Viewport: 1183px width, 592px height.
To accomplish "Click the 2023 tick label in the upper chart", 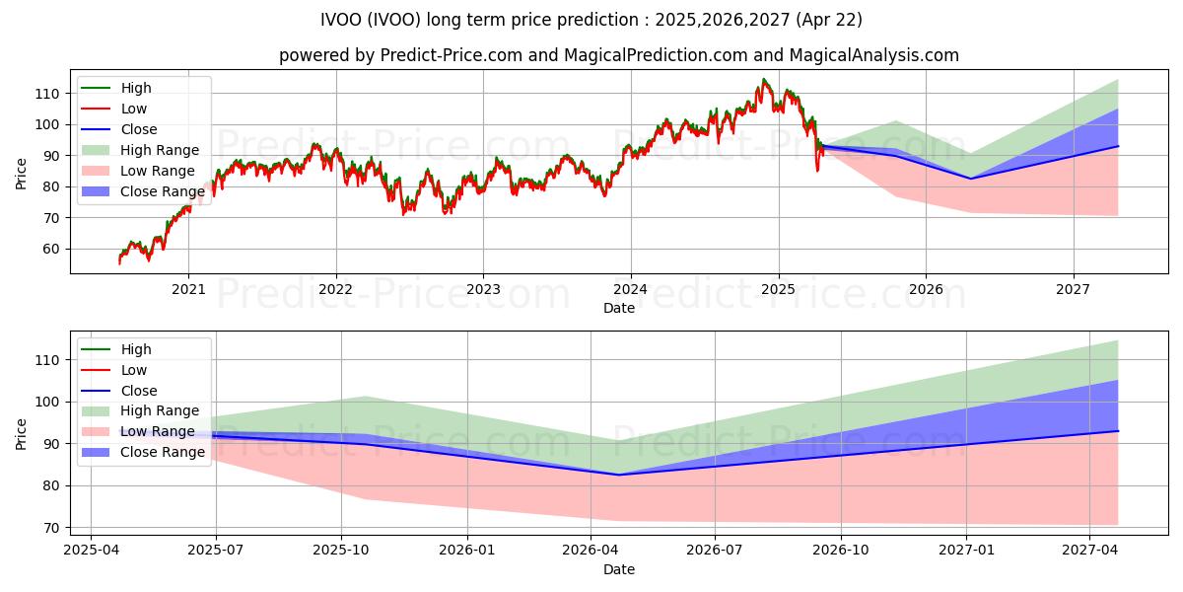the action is click(483, 290).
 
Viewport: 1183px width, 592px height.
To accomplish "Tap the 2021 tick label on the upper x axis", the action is click(188, 290).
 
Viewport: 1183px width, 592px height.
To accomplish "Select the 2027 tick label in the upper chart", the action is click(1073, 290).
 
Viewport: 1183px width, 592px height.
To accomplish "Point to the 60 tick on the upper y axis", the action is click(50, 249).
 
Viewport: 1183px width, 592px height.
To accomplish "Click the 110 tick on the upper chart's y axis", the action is click(47, 94).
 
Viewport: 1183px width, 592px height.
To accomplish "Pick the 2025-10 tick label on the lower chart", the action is click(341, 551).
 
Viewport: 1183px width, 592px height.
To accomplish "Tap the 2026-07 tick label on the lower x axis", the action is click(715, 551).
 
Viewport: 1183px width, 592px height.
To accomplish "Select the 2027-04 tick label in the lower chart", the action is click(1090, 551).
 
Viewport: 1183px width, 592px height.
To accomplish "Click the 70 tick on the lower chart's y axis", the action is click(50, 528).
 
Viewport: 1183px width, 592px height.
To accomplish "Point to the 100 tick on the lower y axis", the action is click(47, 403).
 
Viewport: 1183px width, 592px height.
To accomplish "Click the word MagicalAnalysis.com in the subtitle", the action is click(874, 55).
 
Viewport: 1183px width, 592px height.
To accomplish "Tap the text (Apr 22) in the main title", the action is click(829, 20).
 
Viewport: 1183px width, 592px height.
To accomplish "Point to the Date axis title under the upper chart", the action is click(619, 308).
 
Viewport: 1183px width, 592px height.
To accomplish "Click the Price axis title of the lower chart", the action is click(21, 434).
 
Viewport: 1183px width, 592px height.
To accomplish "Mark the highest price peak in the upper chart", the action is click(763, 79).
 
